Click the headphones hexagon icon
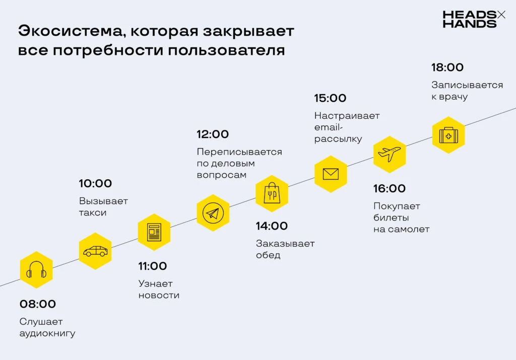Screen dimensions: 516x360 36,270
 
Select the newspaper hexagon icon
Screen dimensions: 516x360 154,232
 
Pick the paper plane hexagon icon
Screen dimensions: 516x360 213,213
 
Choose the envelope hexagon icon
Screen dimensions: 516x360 331,174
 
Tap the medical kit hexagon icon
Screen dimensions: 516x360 448,135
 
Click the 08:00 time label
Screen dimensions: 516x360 38,304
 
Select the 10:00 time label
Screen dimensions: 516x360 95,183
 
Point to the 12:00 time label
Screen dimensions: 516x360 213,134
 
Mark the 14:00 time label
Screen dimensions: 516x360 272,226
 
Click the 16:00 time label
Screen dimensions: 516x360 390,188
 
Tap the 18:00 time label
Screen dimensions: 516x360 447,67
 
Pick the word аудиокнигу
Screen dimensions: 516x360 47,333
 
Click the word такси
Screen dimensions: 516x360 93,212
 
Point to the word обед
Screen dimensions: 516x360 268,255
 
